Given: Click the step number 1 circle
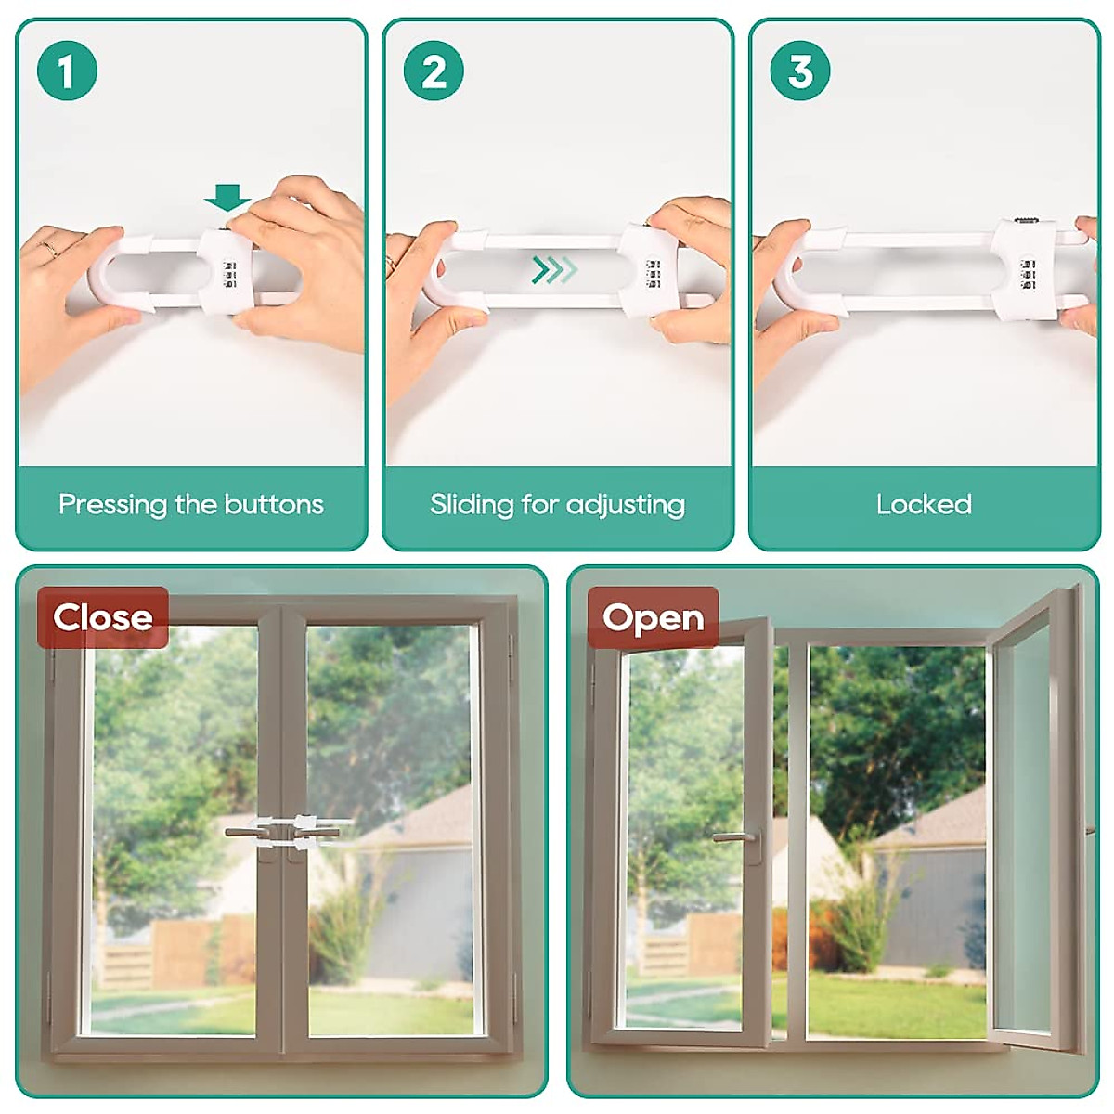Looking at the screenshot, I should pos(67,71).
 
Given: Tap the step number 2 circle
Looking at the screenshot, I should pos(434,71).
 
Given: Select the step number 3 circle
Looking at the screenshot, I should pos(800,71).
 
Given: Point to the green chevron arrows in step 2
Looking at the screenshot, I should pos(554,270).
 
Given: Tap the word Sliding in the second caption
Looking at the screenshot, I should pos(472,505).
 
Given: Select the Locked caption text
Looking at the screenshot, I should pos(924,505).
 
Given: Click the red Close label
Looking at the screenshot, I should pos(103,617).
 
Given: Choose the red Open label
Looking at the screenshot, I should pos(653,617).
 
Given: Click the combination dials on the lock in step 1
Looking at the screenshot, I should pos(228,275).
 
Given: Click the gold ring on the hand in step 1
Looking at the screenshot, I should pos(51,248).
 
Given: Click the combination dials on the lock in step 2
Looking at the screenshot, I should pos(653,275).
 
